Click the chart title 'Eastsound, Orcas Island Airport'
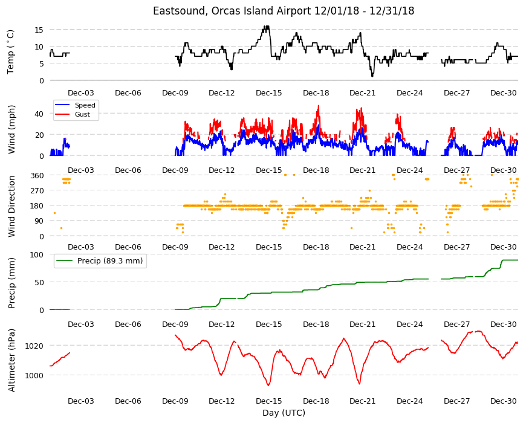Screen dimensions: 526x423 232,11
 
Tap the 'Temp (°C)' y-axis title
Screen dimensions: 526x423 11,52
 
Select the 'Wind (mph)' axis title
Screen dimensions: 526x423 11,129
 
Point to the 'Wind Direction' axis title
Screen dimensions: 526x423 11,207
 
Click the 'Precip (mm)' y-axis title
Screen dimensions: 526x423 11,283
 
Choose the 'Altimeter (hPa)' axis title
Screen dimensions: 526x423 11,360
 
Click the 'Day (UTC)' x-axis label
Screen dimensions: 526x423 284,413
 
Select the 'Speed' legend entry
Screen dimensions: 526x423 85,105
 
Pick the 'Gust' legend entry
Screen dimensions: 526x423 82,114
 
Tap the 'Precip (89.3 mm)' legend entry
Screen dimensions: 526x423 110,261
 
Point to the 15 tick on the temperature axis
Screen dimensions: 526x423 39,30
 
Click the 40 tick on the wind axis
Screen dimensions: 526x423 39,114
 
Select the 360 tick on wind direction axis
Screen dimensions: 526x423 37,175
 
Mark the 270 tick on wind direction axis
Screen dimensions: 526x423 37,191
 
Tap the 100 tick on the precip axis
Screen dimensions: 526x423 37,255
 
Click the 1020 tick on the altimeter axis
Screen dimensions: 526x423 34,346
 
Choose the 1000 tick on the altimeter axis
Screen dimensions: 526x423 34,376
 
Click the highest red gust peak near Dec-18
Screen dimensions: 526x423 319,106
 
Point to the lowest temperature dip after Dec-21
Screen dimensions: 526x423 372,76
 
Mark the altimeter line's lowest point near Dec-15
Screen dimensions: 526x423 268,386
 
